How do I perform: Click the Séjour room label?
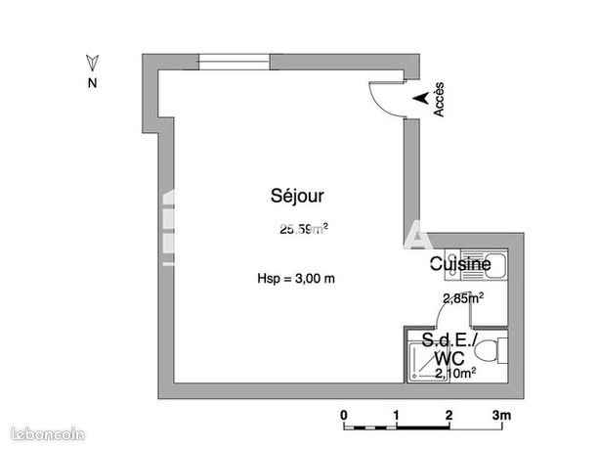click(297, 196)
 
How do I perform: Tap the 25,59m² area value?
click(304, 229)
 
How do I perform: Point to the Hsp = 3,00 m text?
click(296, 279)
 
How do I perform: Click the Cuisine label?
click(460, 264)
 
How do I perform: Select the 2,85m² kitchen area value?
click(463, 297)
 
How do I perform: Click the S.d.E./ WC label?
click(449, 349)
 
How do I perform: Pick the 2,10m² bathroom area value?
click(455, 373)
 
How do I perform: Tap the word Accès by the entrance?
click(439, 100)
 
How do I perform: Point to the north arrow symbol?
click(93, 63)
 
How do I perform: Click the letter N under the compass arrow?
click(93, 83)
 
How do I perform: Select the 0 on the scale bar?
click(344, 415)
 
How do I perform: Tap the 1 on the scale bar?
click(396, 415)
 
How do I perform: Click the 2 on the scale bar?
click(449, 415)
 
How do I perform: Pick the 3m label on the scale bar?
click(501, 415)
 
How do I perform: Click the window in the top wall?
click(234, 62)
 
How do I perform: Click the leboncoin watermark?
click(48, 434)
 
